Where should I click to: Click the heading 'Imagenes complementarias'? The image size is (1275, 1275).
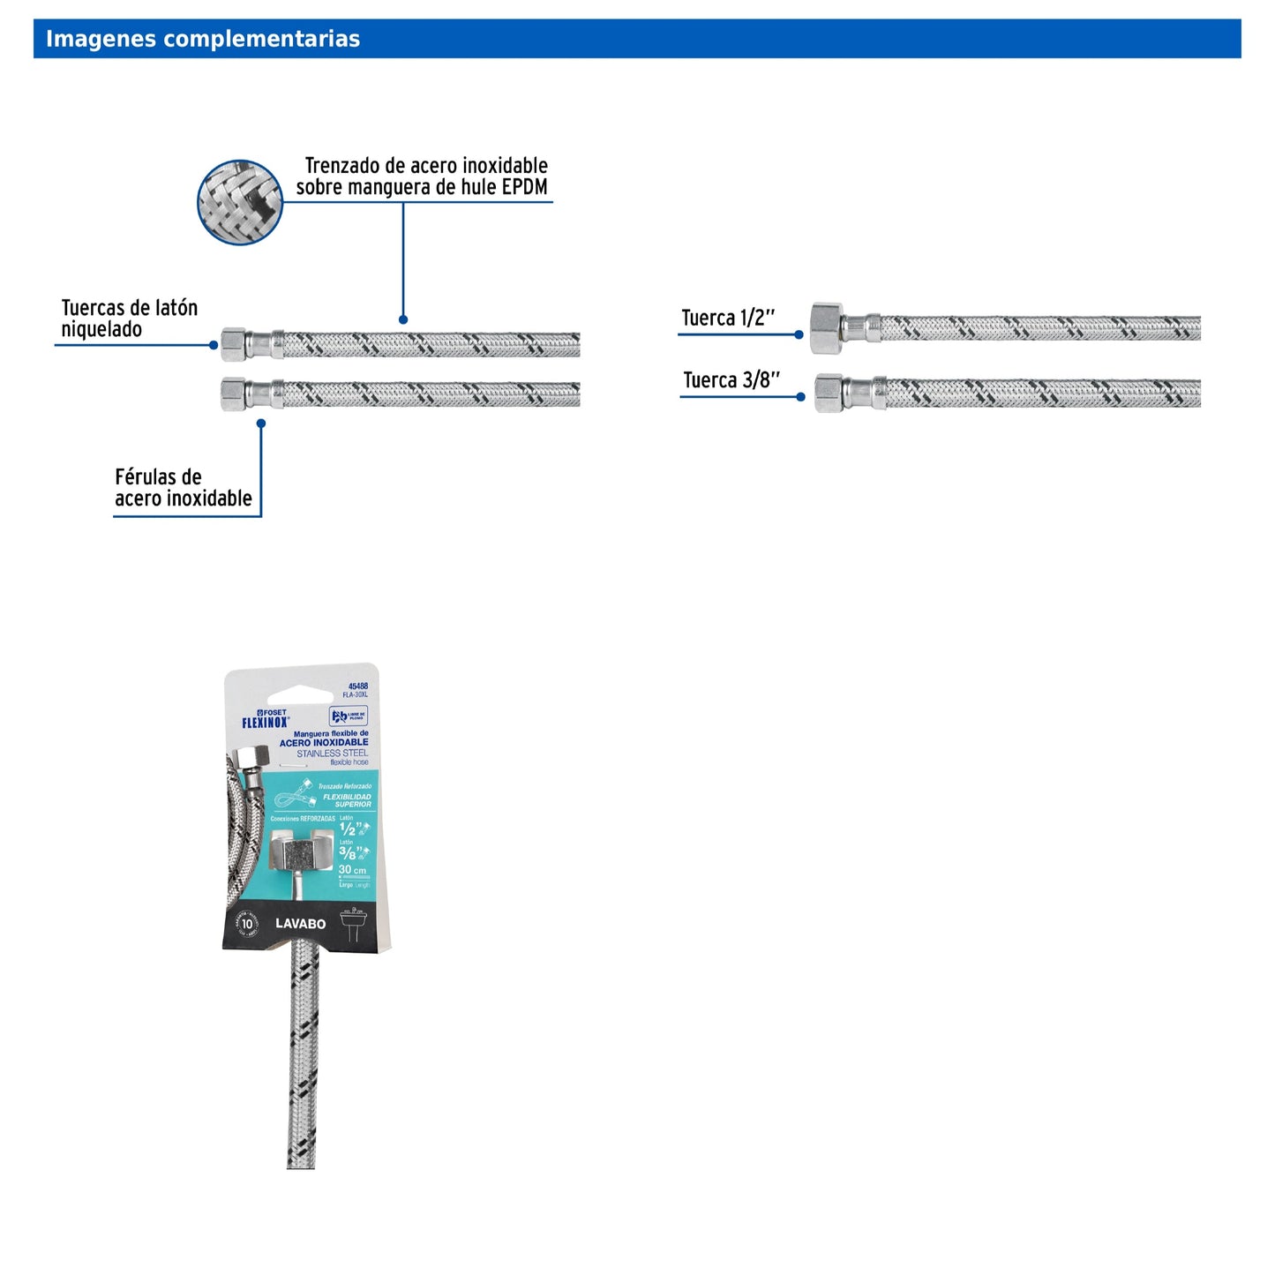tap(202, 39)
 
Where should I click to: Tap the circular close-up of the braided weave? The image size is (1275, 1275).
tap(239, 202)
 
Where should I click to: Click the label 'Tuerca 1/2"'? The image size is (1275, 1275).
tap(728, 318)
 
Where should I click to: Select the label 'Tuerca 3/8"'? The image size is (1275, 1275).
tap(731, 380)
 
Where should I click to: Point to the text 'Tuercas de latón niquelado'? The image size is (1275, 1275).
tap(129, 319)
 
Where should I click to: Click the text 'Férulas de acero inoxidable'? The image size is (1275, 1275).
tap(183, 488)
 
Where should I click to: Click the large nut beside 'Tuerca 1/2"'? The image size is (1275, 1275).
tap(827, 328)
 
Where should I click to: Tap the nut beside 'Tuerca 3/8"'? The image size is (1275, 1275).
tap(829, 394)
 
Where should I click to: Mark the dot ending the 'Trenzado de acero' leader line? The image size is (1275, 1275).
tap(403, 319)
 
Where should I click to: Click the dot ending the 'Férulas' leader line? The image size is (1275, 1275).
tap(261, 424)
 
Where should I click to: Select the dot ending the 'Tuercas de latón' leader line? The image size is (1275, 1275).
tap(214, 345)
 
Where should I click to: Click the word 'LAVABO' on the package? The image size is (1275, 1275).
tap(300, 924)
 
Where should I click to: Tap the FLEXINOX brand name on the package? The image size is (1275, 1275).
tap(265, 723)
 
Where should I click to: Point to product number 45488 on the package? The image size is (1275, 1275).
tap(357, 686)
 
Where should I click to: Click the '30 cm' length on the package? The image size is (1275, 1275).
tap(352, 870)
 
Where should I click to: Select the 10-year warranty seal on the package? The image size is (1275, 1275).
tap(247, 924)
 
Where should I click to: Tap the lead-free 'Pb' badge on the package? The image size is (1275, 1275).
tap(348, 716)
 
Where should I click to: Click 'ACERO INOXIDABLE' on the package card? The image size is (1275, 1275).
tap(324, 743)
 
